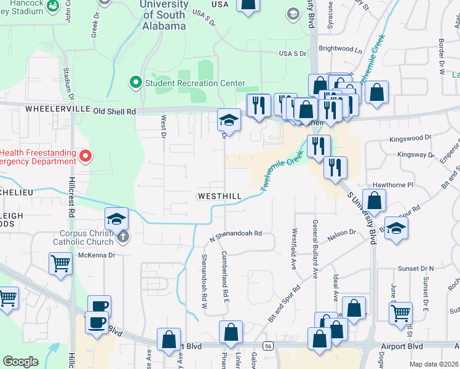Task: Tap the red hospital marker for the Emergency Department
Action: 86,157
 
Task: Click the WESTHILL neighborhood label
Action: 219,196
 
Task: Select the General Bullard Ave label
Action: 315,249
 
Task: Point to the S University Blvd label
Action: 362,216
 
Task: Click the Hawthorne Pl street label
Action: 391,184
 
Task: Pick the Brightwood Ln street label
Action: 336,49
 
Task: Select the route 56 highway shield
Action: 268,346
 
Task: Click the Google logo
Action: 20,362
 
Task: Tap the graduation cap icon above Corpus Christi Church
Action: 116,218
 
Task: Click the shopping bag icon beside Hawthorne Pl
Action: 374,199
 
